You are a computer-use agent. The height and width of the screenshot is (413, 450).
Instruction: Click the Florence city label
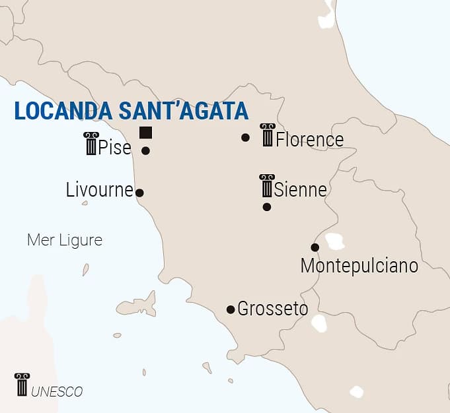click(309, 140)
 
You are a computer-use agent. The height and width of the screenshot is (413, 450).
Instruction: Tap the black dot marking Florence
click(246, 137)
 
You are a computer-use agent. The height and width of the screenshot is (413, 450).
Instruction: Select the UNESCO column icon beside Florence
click(267, 135)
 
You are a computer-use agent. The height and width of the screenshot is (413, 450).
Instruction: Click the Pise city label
click(114, 148)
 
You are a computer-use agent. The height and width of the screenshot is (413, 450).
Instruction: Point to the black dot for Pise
click(145, 150)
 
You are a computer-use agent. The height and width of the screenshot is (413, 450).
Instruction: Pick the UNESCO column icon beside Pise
click(91, 143)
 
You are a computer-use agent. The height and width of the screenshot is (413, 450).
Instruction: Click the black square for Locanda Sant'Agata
click(145, 132)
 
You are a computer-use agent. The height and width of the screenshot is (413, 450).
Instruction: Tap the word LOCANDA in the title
click(63, 110)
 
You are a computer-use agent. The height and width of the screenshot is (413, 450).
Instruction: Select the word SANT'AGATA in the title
click(183, 110)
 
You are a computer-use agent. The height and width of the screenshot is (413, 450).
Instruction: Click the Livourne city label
click(100, 190)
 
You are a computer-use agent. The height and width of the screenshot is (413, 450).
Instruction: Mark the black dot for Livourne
click(139, 193)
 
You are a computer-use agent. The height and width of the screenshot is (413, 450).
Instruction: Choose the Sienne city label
click(300, 190)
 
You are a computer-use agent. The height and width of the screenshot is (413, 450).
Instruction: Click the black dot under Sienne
click(267, 206)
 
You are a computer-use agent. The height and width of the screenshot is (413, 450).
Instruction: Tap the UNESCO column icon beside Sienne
click(266, 186)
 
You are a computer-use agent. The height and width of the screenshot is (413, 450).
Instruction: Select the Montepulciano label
click(359, 266)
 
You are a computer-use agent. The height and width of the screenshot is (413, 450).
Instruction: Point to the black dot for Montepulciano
click(315, 247)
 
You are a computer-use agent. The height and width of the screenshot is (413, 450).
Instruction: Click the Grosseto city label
click(272, 308)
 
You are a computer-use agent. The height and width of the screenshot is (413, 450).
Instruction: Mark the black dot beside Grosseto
click(231, 309)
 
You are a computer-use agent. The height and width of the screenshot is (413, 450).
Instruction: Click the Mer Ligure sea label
click(65, 239)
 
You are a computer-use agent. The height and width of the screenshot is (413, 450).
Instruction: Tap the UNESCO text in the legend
click(57, 392)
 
